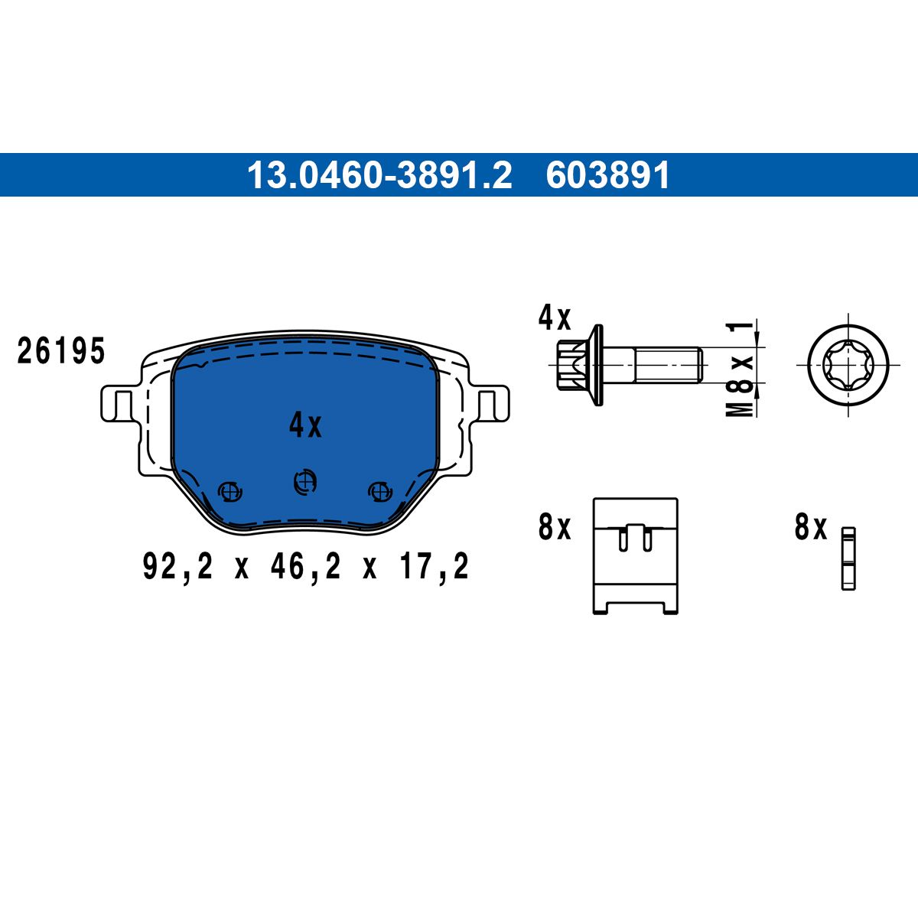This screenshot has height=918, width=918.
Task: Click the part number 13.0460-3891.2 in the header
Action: click(x=379, y=175)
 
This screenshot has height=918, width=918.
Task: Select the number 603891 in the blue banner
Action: click(x=608, y=175)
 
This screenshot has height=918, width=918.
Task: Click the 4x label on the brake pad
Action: click(x=305, y=425)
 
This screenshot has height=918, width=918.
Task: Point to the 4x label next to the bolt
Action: click(x=554, y=318)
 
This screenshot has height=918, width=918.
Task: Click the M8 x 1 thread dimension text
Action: click(x=740, y=369)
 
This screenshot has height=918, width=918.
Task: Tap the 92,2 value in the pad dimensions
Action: click(x=177, y=566)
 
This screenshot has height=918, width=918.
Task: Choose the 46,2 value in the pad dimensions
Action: click(x=305, y=566)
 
